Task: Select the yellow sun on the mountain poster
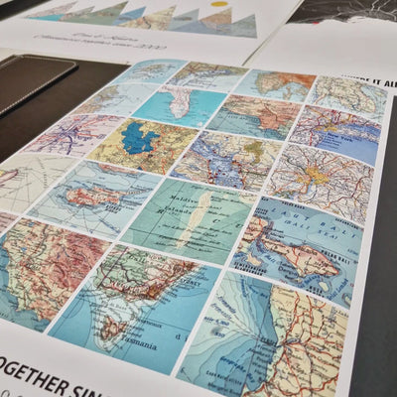tap(218, 4)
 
